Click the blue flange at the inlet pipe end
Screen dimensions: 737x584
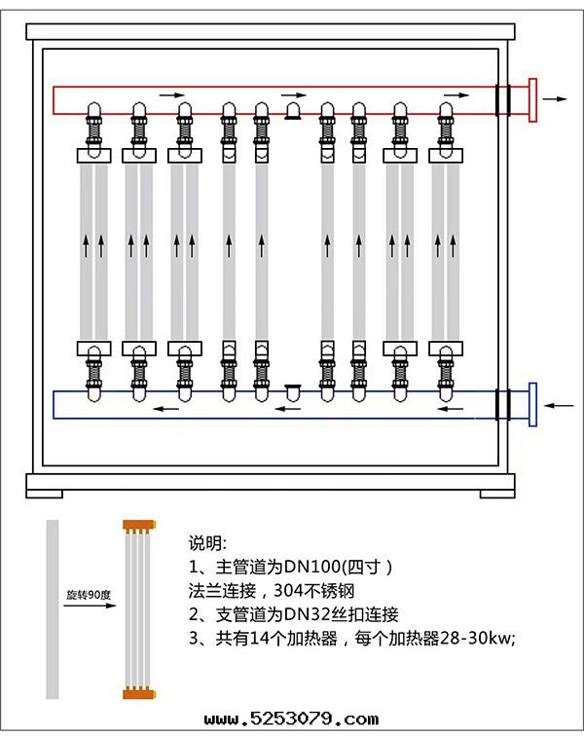click(532, 404)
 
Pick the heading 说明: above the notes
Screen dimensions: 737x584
click(207, 542)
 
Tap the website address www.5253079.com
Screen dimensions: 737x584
click(291, 719)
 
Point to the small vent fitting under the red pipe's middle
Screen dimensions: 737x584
click(292, 114)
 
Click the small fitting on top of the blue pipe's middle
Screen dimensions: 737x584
click(292, 389)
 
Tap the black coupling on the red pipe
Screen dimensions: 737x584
click(503, 100)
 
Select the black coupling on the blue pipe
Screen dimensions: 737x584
click(503, 404)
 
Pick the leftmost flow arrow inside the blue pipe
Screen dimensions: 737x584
click(172, 410)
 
